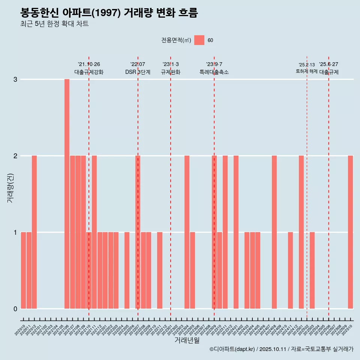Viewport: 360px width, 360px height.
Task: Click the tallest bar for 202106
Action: click(67, 194)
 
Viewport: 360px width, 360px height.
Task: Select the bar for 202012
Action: click(34, 232)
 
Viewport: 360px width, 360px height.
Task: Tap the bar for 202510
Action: click(350, 232)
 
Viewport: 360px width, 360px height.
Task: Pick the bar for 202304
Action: click(187, 232)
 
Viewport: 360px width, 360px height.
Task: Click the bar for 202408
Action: click(274, 232)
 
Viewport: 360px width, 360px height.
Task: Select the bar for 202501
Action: click(301, 232)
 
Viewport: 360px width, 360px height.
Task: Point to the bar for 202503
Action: click(312, 270)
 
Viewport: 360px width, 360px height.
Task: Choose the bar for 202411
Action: click(290, 270)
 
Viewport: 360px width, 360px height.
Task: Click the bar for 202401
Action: click(236, 232)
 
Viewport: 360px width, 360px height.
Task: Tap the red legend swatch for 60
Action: click(199, 40)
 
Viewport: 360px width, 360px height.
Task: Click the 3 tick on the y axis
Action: click(15, 79)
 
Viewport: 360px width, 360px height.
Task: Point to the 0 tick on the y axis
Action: click(15, 309)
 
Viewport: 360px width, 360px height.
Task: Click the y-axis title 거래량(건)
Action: click(10, 188)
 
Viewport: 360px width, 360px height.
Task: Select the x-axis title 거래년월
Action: click(187, 340)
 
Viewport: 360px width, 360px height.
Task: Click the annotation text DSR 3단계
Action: click(138, 72)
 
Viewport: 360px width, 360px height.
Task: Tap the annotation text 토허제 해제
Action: click(306, 71)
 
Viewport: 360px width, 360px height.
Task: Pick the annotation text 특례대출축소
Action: click(214, 72)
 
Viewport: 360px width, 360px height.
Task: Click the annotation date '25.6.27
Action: click(328, 64)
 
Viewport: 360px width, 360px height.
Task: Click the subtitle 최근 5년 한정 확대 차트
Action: click(54, 24)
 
